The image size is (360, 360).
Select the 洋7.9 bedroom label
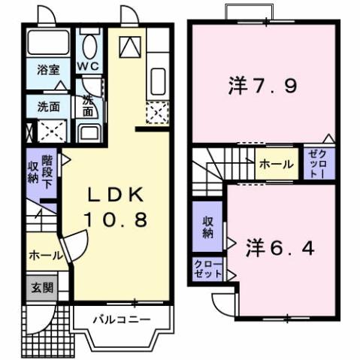[x=262, y=86]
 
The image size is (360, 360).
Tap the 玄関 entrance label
[x=41, y=286]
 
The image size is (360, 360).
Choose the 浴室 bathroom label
[x=50, y=70]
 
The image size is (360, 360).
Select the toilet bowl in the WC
[x=89, y=47]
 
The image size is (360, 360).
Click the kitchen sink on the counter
[x=159, y=80]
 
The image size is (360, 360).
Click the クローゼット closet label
[x=207, y=268]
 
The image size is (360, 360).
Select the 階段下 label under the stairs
[x=47, y=172]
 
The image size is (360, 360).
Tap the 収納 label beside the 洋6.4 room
[x=207, y=227]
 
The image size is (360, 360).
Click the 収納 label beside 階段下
[x=33, y=172]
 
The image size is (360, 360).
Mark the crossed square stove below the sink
[x=157, y=113]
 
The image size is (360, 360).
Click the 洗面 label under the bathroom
[x=50, y=106]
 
